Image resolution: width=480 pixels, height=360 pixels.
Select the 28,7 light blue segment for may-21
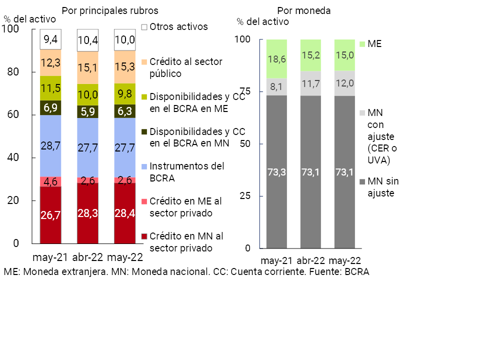click(x=50, y=146)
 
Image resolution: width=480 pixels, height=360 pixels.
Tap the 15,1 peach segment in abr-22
click(x=87, y=67)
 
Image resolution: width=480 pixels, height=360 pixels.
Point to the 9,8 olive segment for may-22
click(x=124, y=94)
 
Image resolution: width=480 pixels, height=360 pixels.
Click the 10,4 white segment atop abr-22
click(x=87, y=40)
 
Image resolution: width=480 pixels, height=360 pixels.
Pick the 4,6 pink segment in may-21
click(x=50, y=181)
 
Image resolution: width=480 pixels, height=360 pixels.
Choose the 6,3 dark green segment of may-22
click(x=124, y=111)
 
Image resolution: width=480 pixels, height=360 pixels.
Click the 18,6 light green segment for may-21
click(x=276, y=59)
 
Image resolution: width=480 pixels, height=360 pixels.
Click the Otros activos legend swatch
click(x=144, y=27)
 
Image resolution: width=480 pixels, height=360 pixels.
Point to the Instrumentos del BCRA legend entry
click(x=186, y=170)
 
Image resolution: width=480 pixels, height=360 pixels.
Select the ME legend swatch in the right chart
click(x=363, y=44)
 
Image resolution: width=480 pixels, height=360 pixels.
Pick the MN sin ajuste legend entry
click(x=383, y=186)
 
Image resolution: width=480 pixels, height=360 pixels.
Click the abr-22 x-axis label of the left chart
click(x=87, y=257)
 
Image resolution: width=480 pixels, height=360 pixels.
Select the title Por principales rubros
click(x=110, y=10)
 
